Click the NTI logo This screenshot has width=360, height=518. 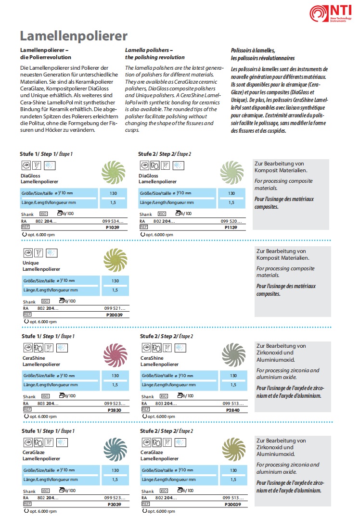pyautogui.click(x=331, y=13)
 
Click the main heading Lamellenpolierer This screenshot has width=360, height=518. pyautogui.click(x=74, y=36)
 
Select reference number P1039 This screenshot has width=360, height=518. pyautogui.click(x=113, y=227)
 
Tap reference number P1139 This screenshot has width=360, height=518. pyautogui.click(x=231, y=227)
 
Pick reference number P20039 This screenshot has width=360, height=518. pyautogui.click(x=115, y=315)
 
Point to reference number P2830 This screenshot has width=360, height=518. pyautogui.click(x=115, y=410)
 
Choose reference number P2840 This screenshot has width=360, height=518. pyautogui.click(x=233, y=410)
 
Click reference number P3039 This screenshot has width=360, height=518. pyautogui.click(x=115, y=505)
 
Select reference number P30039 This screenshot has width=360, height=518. pyautogui.click(x=233, y=505)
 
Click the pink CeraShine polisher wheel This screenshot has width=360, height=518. pyautogui.click(x=116, y=355)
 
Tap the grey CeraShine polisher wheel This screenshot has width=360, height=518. pyautogui.click(x=234, y=355)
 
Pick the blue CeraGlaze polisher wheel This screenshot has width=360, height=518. pyautogui.click(x=116, y=450)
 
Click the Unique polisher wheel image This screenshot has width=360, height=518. pyautogui.click(x=116, y=260)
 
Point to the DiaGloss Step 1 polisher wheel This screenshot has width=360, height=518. pyautogui.click(x=114, y=173)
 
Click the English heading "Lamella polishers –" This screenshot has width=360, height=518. pyautogui.click(x=149, y=50)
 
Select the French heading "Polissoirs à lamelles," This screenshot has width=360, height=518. pyautogui.click(x=253, y=51)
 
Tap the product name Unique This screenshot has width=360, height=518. pyautogui.click(x=31, y=263)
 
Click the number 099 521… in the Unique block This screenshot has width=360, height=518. pyautogui.click(x=115, y=308)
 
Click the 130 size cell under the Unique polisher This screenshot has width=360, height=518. pyautogui.click(x=115, y=281)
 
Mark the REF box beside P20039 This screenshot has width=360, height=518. pyautogui.click(x=27, y=315)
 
